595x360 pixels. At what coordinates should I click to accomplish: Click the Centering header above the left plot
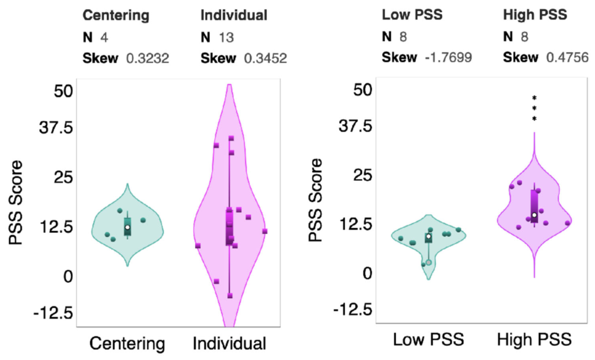(116, 15)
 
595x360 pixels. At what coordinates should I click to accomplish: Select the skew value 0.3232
(148, 58)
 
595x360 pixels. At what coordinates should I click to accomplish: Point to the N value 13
(226, 37)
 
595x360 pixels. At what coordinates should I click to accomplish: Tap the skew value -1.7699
(448, 58)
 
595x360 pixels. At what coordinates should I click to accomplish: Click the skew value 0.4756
(567, 58)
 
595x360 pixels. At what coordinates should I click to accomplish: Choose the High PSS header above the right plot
(535, 15)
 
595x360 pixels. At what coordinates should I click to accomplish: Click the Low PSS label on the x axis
(428, 339)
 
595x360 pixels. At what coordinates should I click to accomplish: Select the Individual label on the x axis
(229, 343)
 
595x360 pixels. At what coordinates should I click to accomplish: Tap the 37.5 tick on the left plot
(56, 128)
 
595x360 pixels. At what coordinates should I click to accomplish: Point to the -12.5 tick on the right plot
(353, 310)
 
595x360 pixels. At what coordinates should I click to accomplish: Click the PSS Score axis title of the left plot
(16, 202)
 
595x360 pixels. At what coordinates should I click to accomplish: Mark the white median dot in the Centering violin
(127, 227)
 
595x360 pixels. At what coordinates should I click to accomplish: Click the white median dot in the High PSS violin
(534, 215)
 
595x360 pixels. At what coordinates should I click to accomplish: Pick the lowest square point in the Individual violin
(230, 296)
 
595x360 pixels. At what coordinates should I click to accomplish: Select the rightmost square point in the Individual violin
(265, 231)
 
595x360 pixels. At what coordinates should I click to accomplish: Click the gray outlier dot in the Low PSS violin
(428, 262)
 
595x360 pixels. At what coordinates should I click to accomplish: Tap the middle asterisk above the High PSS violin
(534, 109)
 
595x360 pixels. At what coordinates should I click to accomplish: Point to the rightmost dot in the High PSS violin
(567, 223)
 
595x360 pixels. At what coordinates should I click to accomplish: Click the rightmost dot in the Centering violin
(143, 220)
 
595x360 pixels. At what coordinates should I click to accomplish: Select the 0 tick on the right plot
(367, 273)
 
